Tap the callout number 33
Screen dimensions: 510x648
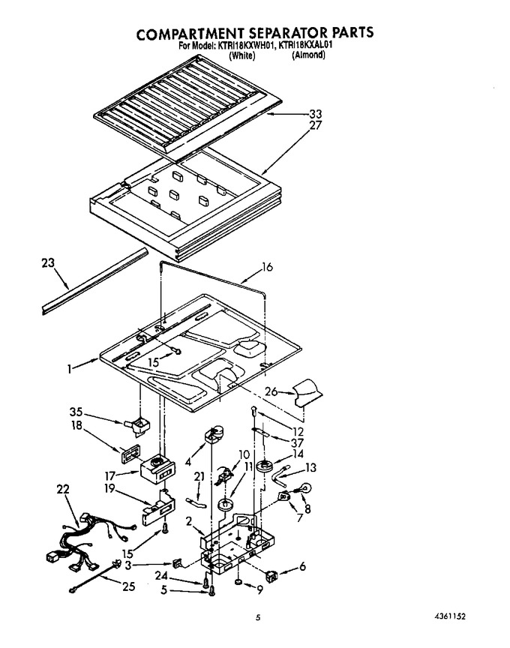[x=315, y=115]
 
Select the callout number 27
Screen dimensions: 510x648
[x=315, y=125]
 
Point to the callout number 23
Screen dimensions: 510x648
[x=48, y=262]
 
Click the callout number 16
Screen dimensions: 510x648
[x=268, y=268]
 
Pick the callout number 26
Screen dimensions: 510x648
[x=271, y=391]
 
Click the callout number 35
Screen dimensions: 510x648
[x=76, y=412]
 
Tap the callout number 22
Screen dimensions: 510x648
[x=63, y=489]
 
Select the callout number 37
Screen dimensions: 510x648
[x=297, y=443]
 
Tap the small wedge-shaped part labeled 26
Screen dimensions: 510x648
[x=308, y=392]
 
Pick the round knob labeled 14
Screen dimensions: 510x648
[x=265, y=466]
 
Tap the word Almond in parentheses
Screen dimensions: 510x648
[x=308, y=55]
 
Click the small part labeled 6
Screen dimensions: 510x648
[x=271, y=576]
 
